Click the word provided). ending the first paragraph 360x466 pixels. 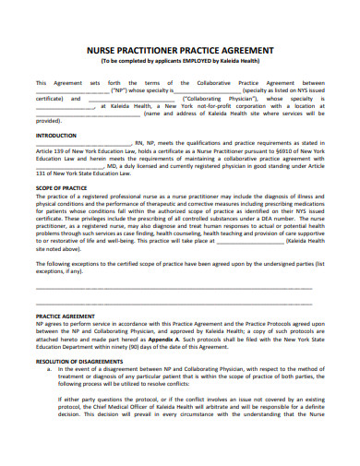pyautogui.click(x=48, y=120)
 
